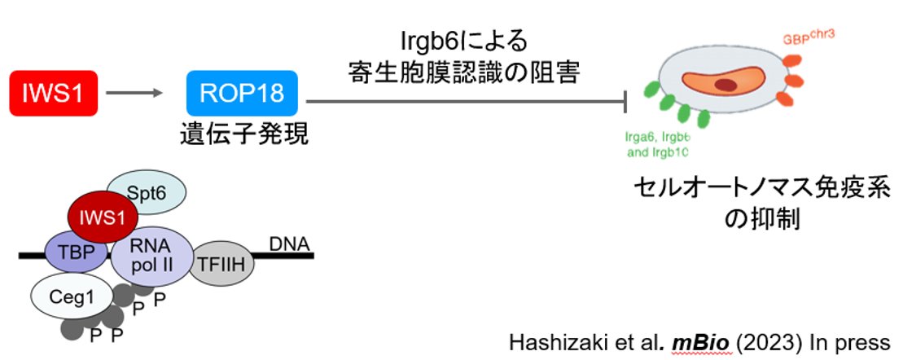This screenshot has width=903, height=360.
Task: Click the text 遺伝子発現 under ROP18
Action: [x=243, y=134]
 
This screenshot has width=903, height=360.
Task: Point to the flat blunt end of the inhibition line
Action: [x=625, y=102]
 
